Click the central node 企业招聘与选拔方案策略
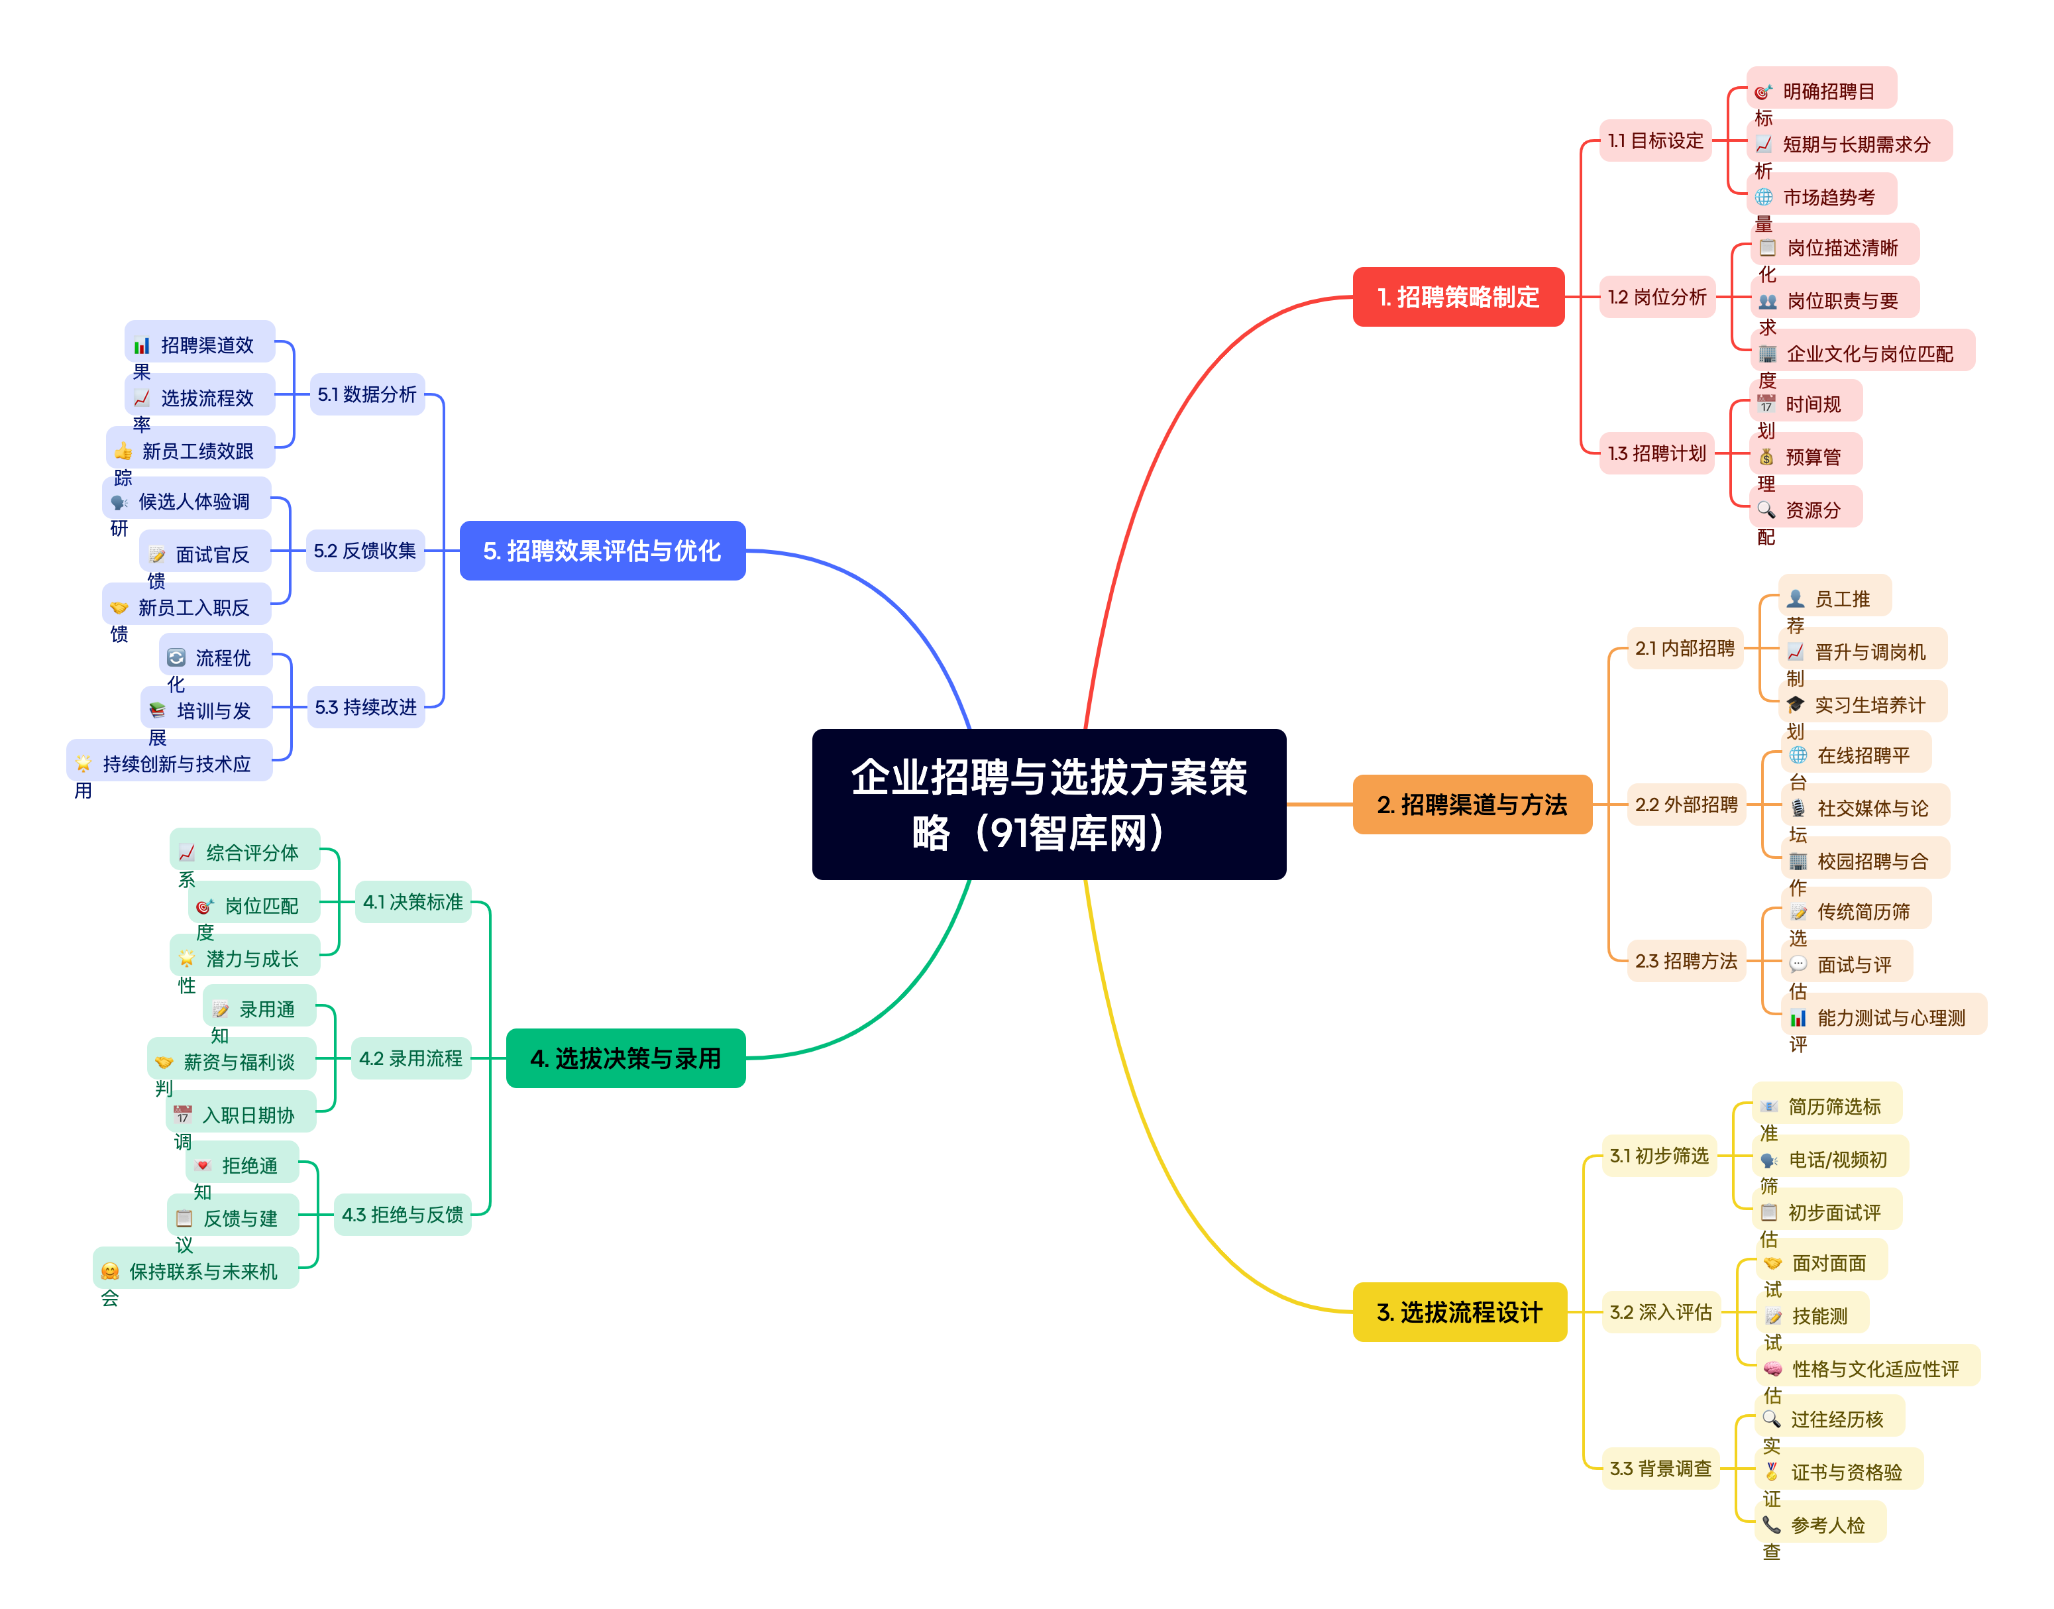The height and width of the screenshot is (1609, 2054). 1048,804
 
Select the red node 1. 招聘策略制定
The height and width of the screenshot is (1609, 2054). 1458,297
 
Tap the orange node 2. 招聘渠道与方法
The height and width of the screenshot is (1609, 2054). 1471,804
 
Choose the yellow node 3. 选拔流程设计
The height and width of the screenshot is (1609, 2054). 1459,1311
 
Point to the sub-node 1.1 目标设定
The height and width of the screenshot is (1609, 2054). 1654,140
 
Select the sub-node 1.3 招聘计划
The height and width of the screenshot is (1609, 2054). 1656,453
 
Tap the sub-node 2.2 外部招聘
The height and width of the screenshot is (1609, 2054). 1686,805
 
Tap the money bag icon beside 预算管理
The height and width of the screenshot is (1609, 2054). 1766,457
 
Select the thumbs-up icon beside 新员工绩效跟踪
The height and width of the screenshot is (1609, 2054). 123,451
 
